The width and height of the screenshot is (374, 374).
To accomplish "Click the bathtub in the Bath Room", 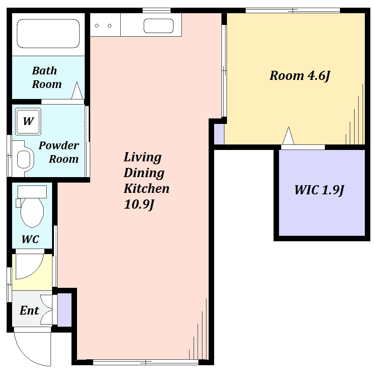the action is tap(48, 33).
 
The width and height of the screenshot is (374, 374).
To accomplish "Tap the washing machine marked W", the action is tap(28, 121).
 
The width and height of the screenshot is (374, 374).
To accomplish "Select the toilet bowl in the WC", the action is tap(32, 212).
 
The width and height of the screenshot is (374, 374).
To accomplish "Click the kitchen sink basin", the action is tap(158, 26).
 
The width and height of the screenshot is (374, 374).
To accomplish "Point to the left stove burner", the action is tap(97, 26).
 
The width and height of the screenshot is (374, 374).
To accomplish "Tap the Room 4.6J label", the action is tap(300, 76).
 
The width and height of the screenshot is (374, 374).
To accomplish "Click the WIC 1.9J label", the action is tap(319, 190).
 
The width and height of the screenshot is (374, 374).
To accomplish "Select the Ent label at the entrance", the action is tap(29, 310).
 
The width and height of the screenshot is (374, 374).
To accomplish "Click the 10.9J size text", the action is tap(139, 204).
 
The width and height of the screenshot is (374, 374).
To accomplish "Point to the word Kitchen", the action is tap(146, 188).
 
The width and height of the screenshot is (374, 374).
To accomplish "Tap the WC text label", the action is tap(30, 239).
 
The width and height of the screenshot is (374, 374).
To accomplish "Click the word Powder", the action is tap(59, 146).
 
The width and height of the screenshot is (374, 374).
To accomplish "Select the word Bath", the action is tap(44, 71).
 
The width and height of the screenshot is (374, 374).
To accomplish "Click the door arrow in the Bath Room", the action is tap(77, 91).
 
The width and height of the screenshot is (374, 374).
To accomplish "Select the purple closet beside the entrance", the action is tap(65, 310).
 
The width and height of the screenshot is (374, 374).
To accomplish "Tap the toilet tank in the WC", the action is tap(32, 192).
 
